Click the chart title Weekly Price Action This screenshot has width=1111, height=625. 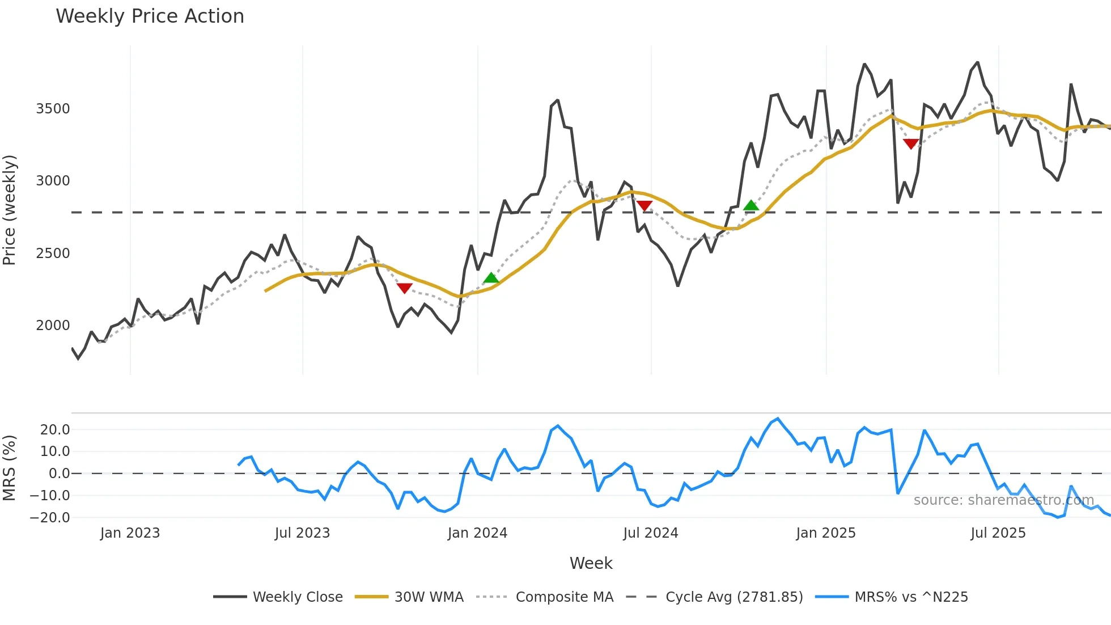(x=150, y=16)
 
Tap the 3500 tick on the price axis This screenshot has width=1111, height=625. (x=53, y=109)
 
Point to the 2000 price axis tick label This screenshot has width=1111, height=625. (x=53, y=326)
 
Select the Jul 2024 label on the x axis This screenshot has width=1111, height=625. (x=650, y=533)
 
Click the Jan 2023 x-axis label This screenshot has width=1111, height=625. (x=130, y=533)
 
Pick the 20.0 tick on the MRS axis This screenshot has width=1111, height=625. (x=55, y=430)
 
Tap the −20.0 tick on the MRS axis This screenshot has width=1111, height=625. (x=50, y=517)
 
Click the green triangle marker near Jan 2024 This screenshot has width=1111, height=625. (x=491, y=278)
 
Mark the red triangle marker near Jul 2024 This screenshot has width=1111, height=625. (x=644, y=205)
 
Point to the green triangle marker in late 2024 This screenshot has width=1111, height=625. (x=750, y=205)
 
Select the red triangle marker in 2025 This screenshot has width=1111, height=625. (x=911, y=144)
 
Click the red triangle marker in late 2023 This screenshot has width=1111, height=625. (x=404, y=288)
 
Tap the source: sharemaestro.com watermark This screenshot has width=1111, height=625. (x=1003, y=500)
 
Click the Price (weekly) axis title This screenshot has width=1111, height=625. (x=10, y=210)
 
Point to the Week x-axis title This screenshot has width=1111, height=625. (x=591, y=563)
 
